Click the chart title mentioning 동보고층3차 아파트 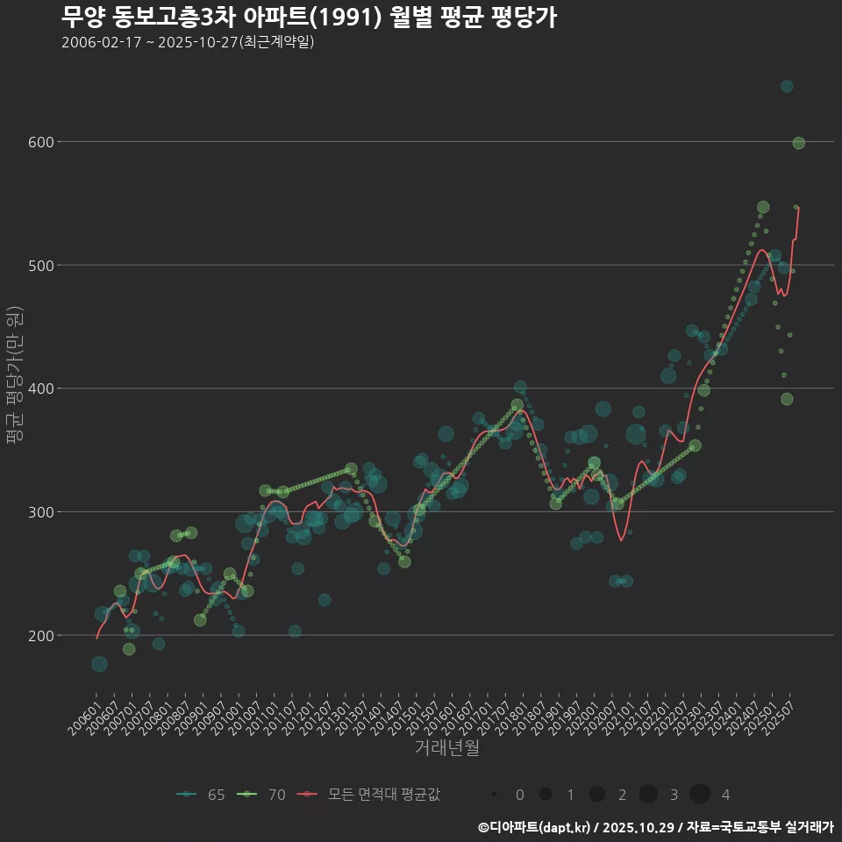click(309, 18)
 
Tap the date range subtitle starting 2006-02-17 click(188, 43)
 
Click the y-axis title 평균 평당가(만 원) click(14, 377)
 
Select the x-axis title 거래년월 click(446, 748)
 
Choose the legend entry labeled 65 click(201, 795)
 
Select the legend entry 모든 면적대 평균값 click(368, 795)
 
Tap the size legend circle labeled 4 click(700, 795)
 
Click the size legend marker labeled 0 click(495, 795)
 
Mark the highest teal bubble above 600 click(787, 86)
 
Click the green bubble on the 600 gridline click(798, 143)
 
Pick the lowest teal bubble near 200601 click(99, 664)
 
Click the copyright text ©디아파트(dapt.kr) click(535, 826)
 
